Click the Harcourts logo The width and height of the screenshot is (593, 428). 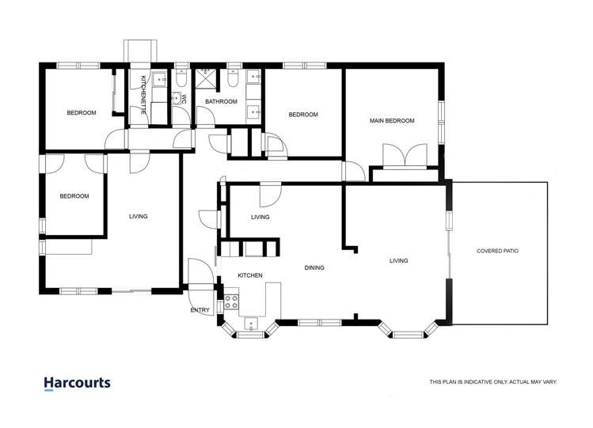(77, 384)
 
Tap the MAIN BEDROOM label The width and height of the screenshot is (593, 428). (392, 121)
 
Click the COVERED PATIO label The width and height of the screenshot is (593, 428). (497, 251)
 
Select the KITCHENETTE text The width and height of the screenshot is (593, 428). (143, 95)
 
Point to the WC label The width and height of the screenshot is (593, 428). (183, 100)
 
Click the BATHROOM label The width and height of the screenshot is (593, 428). (221, 101)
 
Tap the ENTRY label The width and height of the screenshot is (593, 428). (200, 310)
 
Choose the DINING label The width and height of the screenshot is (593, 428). (315, 267)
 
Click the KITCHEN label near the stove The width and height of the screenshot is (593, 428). (250, 275)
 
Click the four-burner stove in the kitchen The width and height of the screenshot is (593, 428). (232, 301)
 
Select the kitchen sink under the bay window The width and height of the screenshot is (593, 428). (252, 323)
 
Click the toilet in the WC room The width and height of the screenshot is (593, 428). (181, 81)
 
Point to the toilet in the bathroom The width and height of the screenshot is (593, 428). (234, 80)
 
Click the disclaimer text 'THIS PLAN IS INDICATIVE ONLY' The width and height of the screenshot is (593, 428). (492, 382)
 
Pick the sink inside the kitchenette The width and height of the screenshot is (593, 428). (160, 78)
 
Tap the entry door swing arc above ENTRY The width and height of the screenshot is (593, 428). (199, 273)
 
